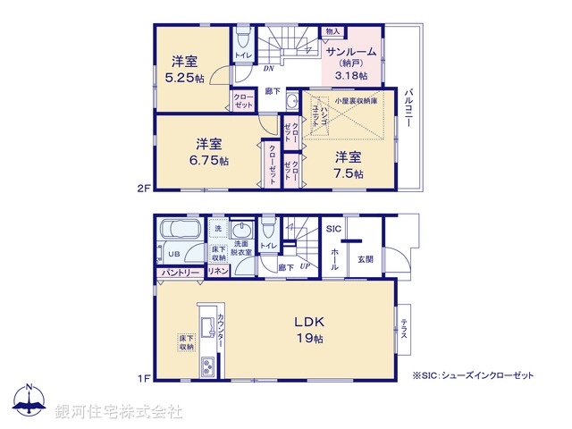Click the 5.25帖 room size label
188,78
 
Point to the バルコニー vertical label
408,107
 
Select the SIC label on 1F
332,229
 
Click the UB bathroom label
175,252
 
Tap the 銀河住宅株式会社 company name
118,412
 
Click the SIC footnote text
473,375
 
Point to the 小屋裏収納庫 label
355,101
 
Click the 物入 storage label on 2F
332,31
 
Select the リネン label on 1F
217,271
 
